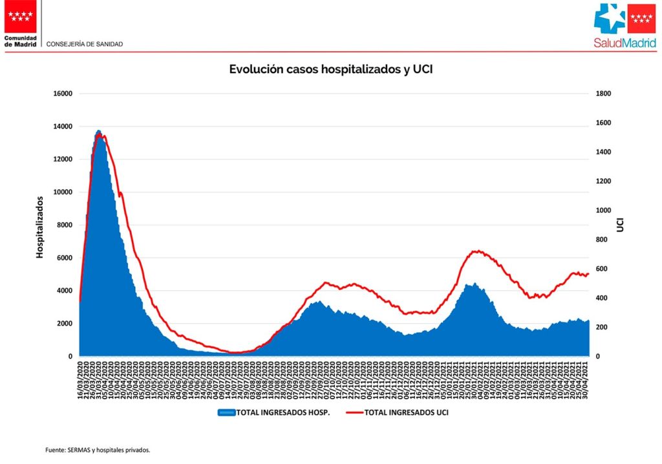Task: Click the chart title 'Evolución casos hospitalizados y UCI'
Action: pos(330,69)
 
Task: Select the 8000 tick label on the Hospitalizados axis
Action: pos(64,225)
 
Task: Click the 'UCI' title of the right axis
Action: pos(620,225)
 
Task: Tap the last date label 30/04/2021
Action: pos(587,381)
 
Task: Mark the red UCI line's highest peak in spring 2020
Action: pos(101,135)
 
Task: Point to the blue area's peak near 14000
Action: pos(98,131)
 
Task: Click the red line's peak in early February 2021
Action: pos(476,251)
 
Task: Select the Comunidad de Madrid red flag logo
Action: pos(21,16)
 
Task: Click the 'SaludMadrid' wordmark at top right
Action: pos(625,44)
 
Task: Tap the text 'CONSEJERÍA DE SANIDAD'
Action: pos(85,44)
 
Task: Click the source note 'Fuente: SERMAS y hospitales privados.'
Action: pos(98,450)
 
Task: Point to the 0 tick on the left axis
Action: pos(69,357)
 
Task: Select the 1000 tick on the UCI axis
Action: pos(603,211)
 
